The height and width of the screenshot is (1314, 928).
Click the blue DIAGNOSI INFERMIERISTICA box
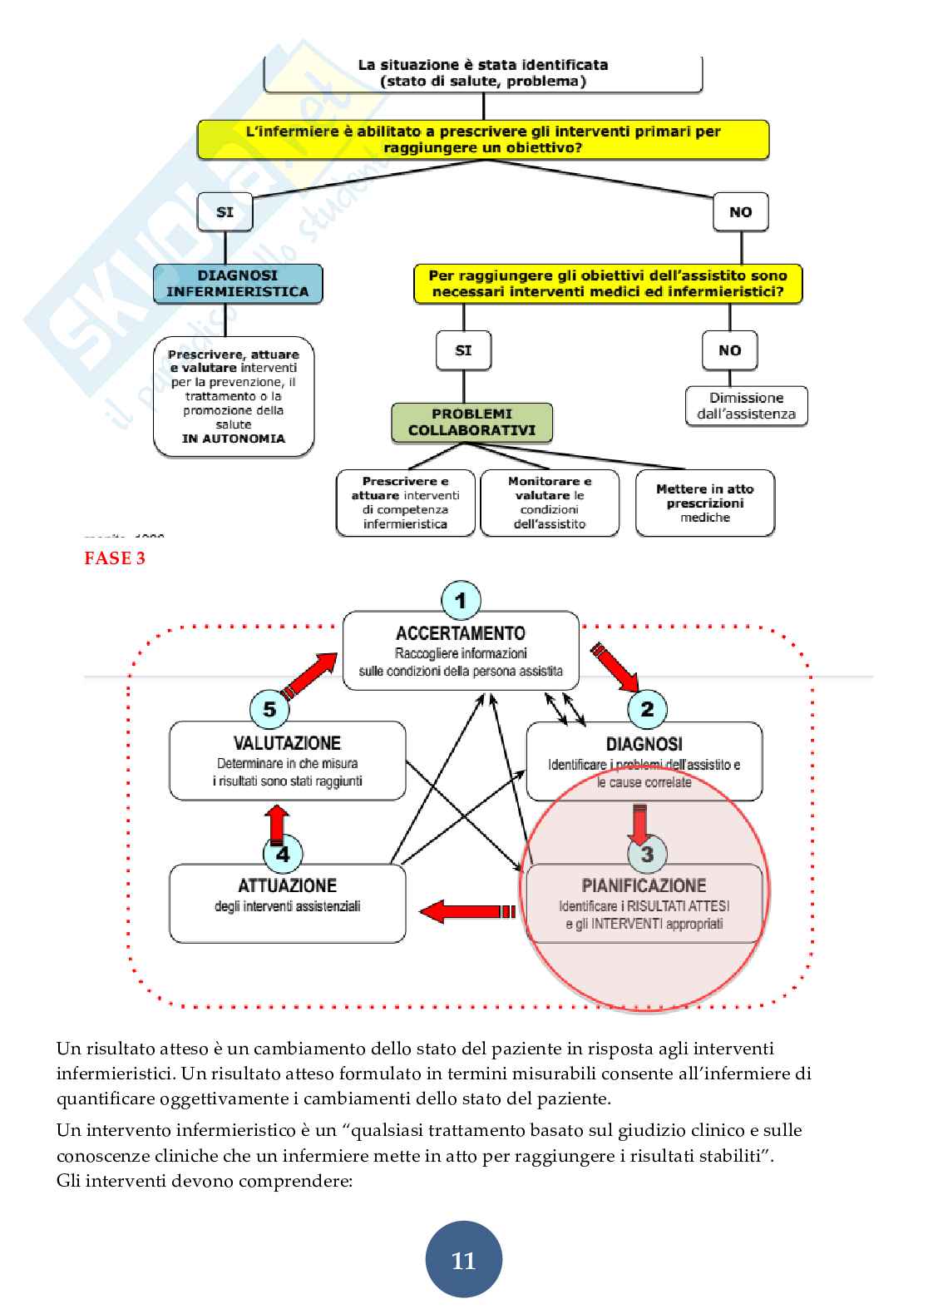click(238, 284)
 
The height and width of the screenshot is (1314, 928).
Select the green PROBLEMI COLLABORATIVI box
click(471, 423)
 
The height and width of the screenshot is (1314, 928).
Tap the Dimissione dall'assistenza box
click(746, 406)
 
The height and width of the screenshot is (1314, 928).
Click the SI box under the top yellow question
click(225, 212)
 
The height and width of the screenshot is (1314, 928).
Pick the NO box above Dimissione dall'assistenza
click(729, 350)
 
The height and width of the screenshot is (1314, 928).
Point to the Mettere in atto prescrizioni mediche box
click(704, 503)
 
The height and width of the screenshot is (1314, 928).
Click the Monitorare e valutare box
click(550, 503)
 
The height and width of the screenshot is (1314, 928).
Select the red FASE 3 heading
click(115, 558)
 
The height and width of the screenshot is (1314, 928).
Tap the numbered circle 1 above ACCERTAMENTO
click(461, 600)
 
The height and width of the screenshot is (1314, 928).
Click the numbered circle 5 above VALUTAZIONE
click(269, 710)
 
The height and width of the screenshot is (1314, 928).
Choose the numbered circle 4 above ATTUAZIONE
click(283, 854)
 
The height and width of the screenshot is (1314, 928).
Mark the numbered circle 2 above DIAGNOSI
click(647, 710)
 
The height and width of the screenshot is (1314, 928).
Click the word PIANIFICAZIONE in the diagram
click(644, 885)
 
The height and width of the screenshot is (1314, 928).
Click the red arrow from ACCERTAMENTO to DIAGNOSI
click(615, 667)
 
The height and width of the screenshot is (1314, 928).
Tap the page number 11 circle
click(463, 1260)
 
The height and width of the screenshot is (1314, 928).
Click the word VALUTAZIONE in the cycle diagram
click(287, 743)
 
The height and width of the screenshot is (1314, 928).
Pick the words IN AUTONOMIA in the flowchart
click(234, 439)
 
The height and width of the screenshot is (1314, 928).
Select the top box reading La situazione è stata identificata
click(483, 73)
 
